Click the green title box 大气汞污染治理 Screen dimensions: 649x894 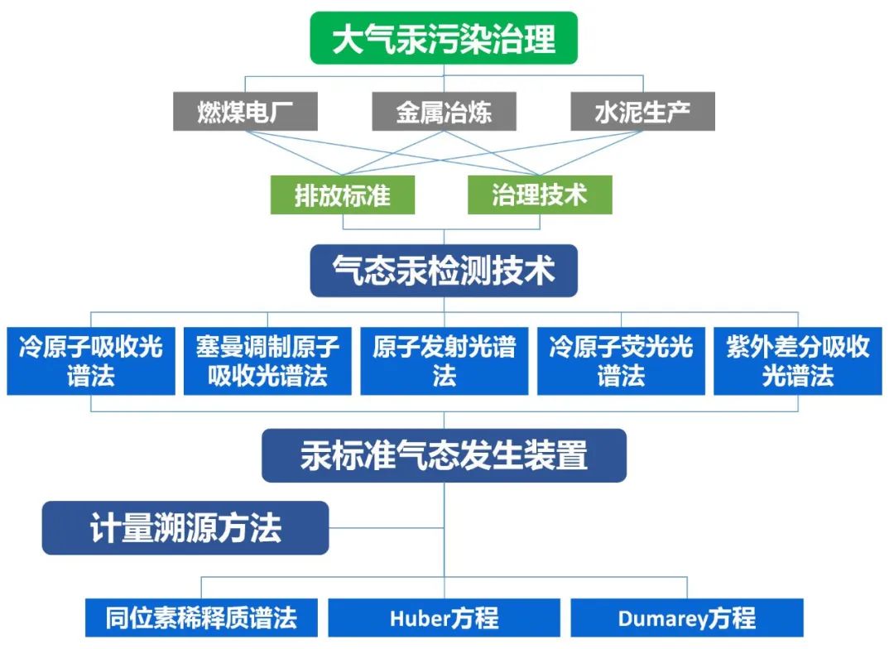coord(443,39)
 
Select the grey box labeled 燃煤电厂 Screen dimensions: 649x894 coord(245,112)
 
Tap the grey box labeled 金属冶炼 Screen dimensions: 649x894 coord(444,112)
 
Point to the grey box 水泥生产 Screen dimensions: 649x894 coord(642,112)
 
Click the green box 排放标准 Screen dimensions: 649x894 coord(342,195)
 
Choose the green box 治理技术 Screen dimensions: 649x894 coord(540,195)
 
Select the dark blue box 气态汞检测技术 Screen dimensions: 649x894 coord(443,270)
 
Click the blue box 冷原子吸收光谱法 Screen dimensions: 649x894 coord(91,361)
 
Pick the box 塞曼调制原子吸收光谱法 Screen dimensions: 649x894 coord(267,361)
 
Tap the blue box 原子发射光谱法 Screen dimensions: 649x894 coord(444,361)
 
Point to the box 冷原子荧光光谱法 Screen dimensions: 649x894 coord(621,361)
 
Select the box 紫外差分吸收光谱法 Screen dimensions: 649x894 coord(798,361)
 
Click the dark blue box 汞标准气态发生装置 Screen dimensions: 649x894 coord(444,454)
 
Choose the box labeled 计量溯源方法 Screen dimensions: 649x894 coord(185,527)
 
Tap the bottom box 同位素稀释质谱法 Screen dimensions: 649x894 coord(201,618)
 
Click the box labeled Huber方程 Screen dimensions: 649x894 coord(444,618)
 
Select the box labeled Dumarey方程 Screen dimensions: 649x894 coord(686,618)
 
